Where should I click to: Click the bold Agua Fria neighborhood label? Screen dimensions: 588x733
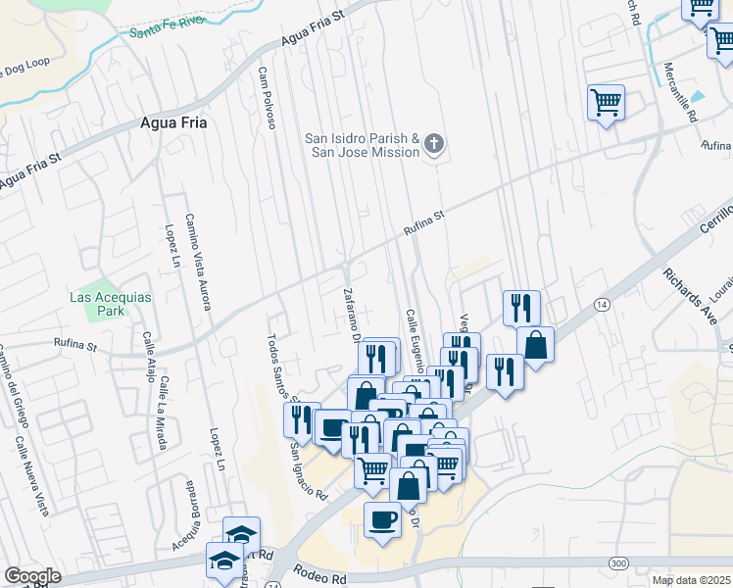tap(173, 122)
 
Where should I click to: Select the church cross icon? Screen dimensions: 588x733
tap(434, 146)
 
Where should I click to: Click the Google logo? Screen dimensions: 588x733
tap(32, 576)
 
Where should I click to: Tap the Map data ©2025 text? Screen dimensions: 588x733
tap(692, 580)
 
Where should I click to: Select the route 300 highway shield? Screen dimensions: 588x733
tap(618, 563)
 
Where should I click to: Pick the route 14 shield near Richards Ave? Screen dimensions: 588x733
tap(601, 306)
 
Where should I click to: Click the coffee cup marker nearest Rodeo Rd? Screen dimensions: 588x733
tap(382, 519)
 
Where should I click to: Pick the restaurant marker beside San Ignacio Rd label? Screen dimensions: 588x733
tap(301, 418)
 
